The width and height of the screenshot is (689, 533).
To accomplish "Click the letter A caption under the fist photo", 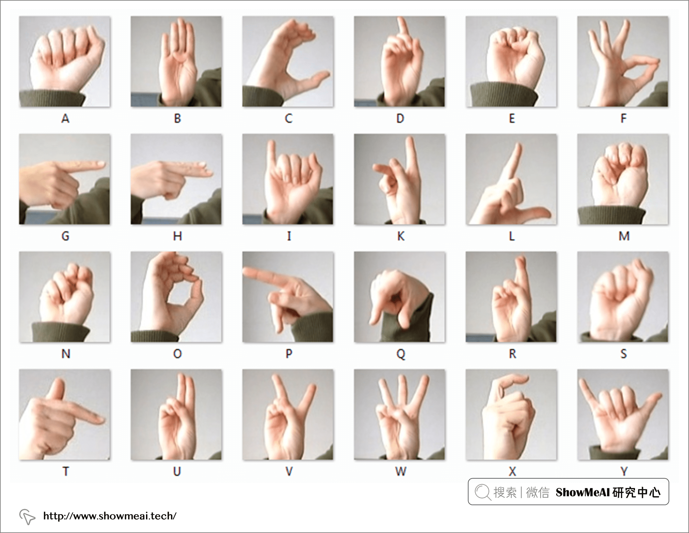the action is pyautogui.click(x=65, y=119).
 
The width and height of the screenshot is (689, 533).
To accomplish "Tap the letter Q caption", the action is pyautogui.click(x=401, y=354).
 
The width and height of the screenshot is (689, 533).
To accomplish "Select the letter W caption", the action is pyautogui.click(x=401, y=472).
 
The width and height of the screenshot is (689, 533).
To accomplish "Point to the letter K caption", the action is pyautogui.click(x=401, y=236).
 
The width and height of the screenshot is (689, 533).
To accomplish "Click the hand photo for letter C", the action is pyautogui.click(x=288, y=61).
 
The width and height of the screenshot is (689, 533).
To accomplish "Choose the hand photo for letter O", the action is pyautogui.click(x=176, y=297).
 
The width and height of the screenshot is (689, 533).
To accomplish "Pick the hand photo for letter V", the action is pyautogui.click(x=288, y=415).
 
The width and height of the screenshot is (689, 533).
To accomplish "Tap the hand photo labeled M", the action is pyautogui.click(x=623, y=179).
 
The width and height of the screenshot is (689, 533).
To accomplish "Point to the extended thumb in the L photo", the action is pyautogui.click(x=531, y=213).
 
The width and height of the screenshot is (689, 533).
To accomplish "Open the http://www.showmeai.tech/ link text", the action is pyautogui.click(x=110, y=516).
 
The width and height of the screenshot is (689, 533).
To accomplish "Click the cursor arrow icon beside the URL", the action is pyautogui.click(x=27, y=516).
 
